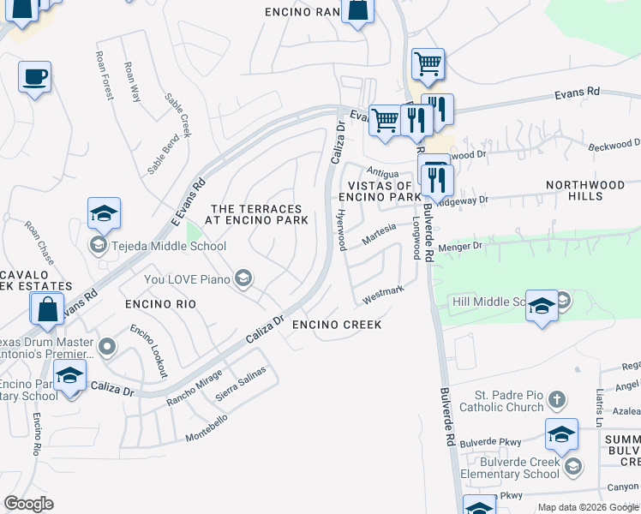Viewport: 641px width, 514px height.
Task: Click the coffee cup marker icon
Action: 34,77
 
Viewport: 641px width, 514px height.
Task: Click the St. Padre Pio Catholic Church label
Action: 509,401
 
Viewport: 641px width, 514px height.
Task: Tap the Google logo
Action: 29,504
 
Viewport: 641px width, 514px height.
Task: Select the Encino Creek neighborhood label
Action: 336,326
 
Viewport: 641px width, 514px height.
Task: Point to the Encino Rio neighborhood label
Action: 160,304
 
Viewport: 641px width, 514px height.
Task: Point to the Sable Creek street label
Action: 178,116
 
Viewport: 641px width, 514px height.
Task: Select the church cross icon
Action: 556,399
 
